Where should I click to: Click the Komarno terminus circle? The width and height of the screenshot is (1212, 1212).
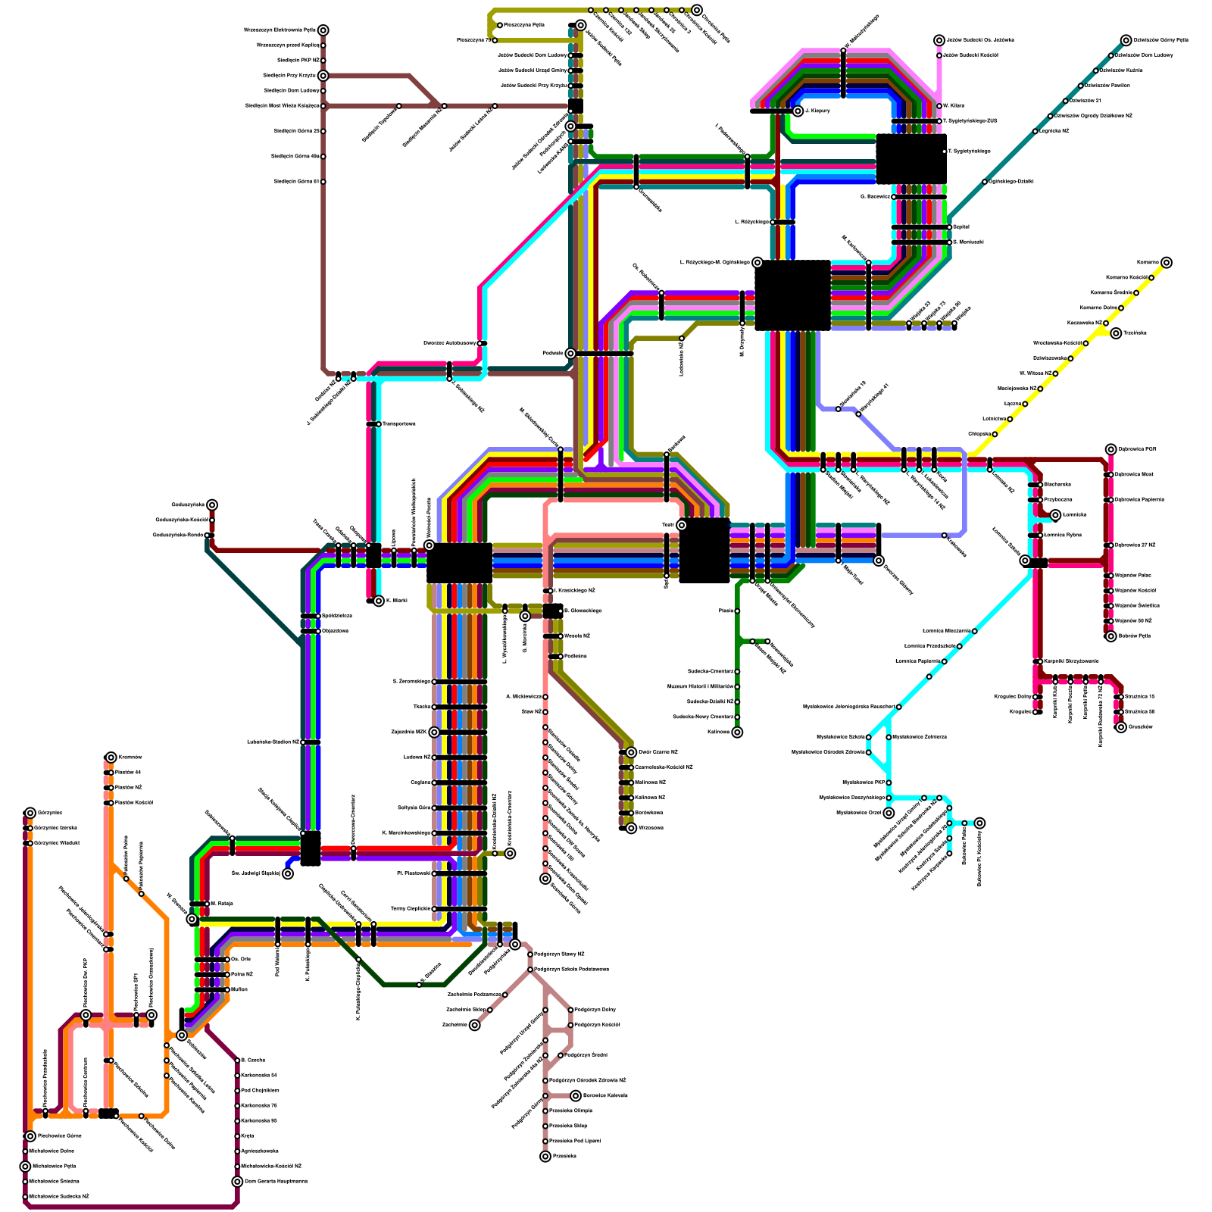(x=1167, y=263)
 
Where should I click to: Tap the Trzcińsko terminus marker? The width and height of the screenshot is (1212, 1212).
(x=1116, y=333)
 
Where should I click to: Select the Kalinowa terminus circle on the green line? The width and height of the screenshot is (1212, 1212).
(x=737, y=733)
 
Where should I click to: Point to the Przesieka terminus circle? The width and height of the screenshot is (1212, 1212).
(x=545, y=1157)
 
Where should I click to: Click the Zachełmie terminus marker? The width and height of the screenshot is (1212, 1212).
(x=475, y=1026)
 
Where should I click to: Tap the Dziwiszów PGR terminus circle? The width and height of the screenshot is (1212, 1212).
(x=1110, y=449)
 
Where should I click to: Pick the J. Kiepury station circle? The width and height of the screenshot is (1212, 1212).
(x=798, y=111)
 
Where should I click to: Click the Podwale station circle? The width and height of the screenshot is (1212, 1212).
(x=570, y=354)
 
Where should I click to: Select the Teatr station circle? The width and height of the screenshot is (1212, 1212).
(x=681, y=525)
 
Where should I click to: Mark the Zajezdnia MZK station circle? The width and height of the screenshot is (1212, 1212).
(x=434, y=733)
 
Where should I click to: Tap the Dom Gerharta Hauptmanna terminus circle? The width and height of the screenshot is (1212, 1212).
(x=237, y=1182)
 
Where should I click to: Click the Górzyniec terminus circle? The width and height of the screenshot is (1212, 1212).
(x=30, y=814)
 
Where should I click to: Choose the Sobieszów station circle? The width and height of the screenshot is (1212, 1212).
(x=182, y=1036)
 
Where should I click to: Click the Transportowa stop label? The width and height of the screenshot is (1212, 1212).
(x=399, y=424)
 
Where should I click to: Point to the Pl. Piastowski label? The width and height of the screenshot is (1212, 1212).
(x=414, y=873)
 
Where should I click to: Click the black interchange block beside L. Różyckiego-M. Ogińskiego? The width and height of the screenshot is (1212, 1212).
(x=793, y=295)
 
